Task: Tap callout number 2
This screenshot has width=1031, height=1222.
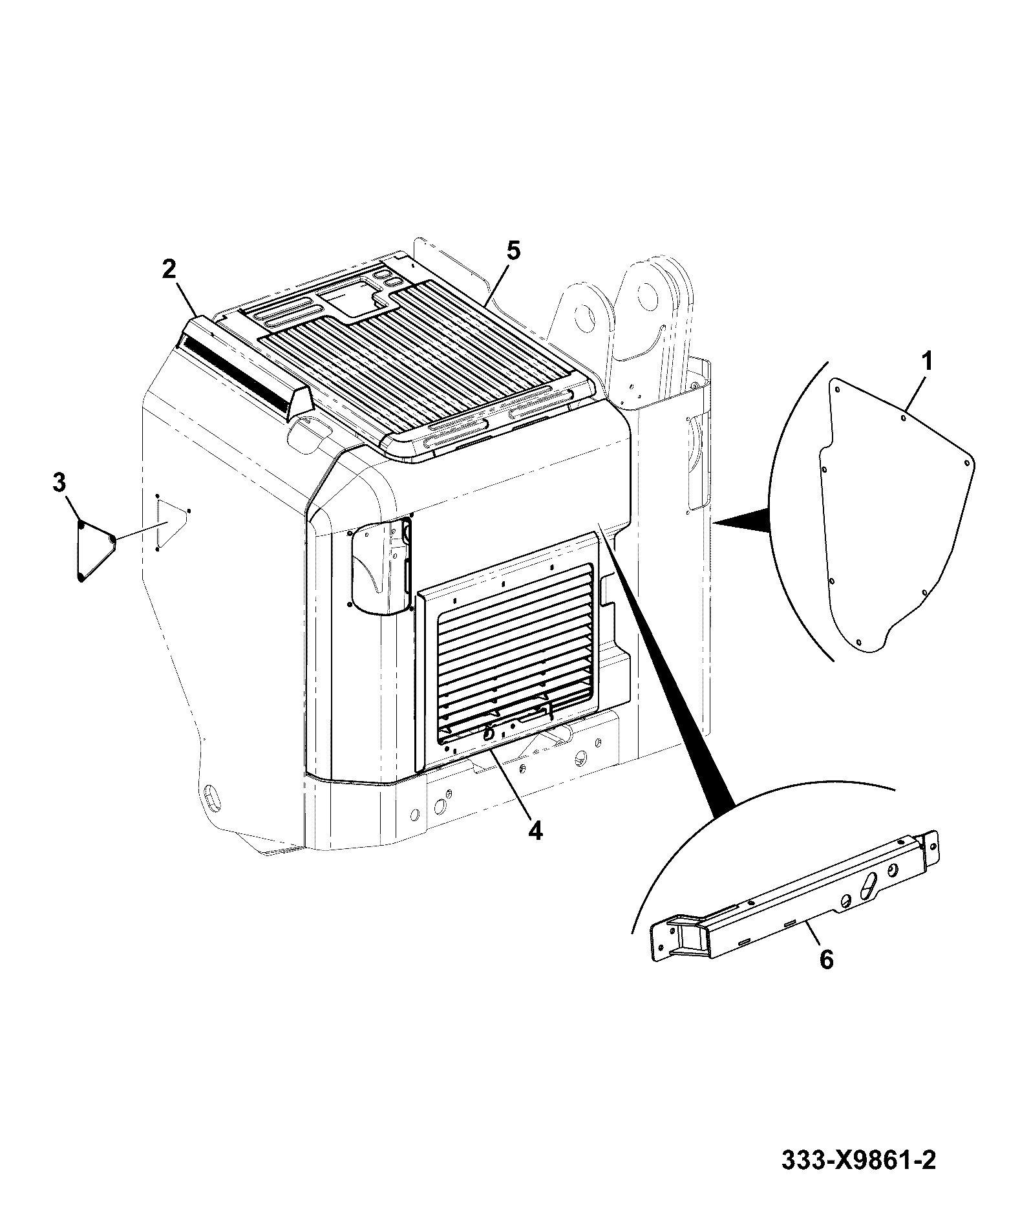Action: (169, 270)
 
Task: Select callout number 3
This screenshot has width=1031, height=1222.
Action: (59, 482)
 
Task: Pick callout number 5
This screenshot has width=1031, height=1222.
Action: (512, 251)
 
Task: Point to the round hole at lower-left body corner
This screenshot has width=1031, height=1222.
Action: (211, 795)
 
